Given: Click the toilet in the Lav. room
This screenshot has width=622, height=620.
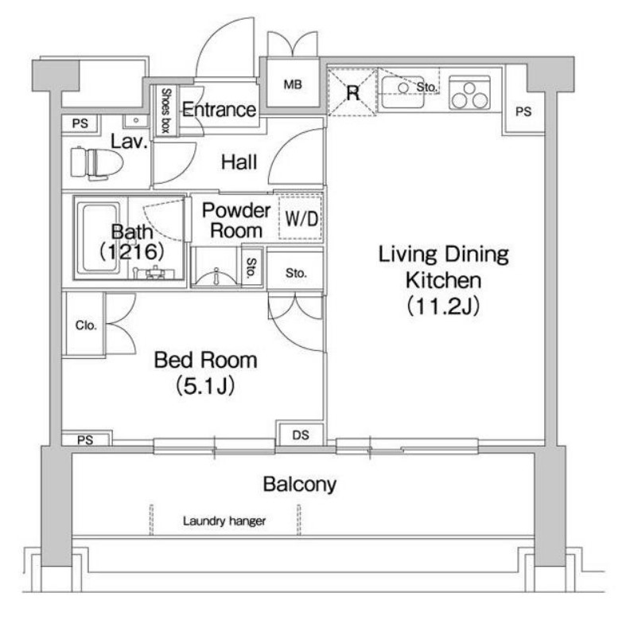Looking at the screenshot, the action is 96,163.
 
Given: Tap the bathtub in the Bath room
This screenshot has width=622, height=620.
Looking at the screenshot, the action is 99,238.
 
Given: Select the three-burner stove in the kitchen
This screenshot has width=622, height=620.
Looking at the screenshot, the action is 469,94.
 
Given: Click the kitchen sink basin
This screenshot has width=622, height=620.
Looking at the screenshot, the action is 402,92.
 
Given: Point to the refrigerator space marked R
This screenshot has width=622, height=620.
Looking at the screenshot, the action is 352,92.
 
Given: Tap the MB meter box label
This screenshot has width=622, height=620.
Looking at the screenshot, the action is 293,84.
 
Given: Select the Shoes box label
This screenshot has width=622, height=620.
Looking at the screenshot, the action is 165,110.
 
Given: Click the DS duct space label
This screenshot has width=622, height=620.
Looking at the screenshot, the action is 301,435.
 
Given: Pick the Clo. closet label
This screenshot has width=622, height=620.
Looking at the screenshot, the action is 86,326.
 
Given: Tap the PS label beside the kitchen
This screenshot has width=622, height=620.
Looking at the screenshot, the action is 523,112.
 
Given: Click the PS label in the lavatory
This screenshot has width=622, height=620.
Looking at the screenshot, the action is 80,123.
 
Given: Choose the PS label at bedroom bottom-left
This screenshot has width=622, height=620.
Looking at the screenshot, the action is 85,440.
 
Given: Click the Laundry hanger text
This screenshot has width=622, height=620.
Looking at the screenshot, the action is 224,521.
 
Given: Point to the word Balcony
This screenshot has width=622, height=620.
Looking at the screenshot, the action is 300,484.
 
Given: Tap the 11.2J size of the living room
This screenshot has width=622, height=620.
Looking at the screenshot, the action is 444,306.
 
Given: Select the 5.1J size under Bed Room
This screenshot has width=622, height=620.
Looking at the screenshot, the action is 205,385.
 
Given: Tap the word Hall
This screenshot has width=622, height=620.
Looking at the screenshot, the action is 239,162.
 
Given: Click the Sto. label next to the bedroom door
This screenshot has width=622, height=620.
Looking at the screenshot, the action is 296,273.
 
